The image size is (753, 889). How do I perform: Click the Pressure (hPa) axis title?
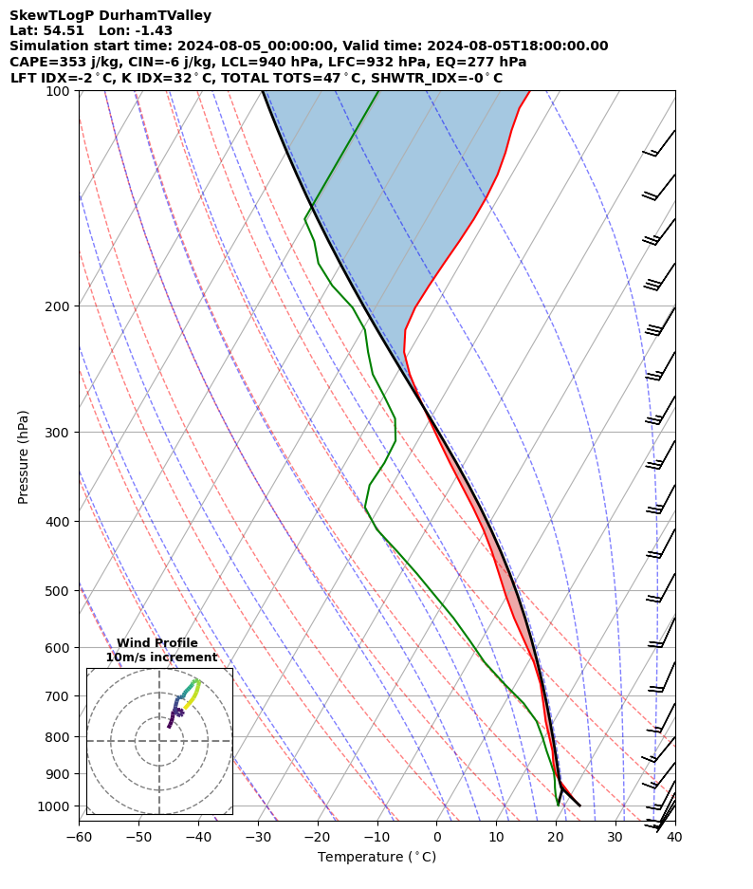click(24, 456)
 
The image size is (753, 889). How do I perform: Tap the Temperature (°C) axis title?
click(376, 858)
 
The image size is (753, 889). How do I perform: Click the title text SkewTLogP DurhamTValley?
click(110, 15)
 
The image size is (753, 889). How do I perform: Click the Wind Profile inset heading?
click(157, 643)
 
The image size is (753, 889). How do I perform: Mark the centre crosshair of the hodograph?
click(159, 741)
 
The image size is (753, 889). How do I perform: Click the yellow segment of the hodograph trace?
click(193, 696)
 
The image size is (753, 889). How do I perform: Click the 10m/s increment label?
click(161, 657)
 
